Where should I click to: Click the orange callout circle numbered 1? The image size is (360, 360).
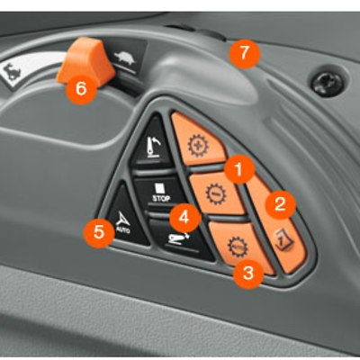point(239,169)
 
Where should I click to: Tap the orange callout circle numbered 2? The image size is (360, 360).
point(280,204)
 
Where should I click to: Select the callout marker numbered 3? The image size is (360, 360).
point(248,274)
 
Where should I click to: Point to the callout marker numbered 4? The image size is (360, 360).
point(184,217)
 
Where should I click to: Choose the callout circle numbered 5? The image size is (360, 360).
point(99,232)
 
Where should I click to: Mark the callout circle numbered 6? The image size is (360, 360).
point(81,88)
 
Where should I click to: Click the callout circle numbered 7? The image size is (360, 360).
point(244,54)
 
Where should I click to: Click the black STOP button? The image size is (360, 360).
point(158,192)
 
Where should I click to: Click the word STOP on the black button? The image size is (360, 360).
point(161,198)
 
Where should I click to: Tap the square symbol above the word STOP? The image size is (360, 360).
point(159,188)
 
